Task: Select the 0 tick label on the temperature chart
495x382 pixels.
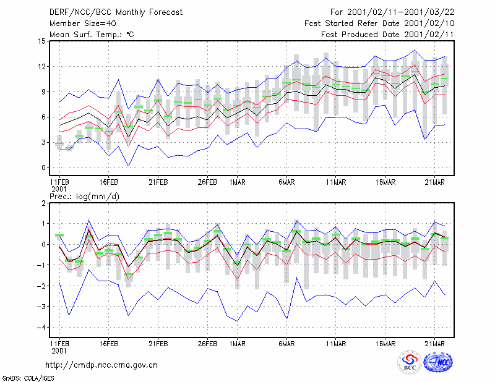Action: tap(43, 168)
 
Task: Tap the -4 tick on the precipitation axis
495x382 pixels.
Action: tap(41, 328)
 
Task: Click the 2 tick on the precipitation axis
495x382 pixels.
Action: tap(43, 203)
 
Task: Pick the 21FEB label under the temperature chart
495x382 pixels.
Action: tap(158, 182)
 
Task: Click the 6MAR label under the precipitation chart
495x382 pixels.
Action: tap(286, 344)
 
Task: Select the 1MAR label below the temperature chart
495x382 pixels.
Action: tap(237, 182)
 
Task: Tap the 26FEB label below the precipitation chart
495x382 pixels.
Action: tap(207, 344)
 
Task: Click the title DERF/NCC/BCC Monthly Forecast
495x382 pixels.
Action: tap(116, 12)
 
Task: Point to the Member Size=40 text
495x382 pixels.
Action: tap(83, 23)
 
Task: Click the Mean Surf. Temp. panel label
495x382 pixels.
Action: tap(92, 35)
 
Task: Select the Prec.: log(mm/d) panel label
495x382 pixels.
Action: tap(84, 197)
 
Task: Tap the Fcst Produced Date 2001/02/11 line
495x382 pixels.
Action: tap(388, 35)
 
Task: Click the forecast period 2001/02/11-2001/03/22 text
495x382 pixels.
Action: tap(400, 12)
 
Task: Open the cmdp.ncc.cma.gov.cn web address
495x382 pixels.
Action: tap(101, 365)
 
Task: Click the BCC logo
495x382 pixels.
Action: tap(410, 362)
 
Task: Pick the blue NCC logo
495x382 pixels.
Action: tap(438, 362)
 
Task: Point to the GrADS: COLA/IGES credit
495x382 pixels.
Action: tap(28, 378)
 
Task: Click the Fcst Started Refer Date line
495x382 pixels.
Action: tap(379, 23)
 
